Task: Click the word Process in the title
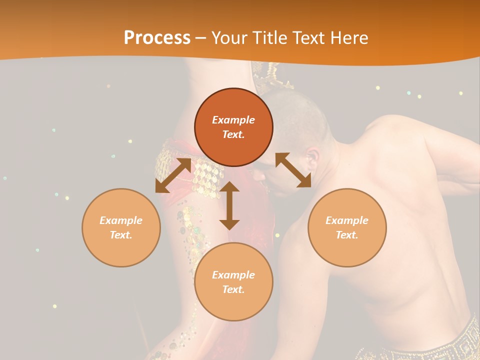pyautogui.click(x=157, y=38)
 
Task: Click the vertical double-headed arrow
pyautogui.click(x=229, y=205)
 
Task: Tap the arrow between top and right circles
pyautogui.click(x=293, y=170)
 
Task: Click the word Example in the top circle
pyautogui.click(x=233, y=120)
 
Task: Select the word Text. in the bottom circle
pyautogui.click(x=233, y=289)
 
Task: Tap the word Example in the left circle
pyautogui.click(x=121, y=220)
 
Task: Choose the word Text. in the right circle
pyautogui.click(x=347, y=235)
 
